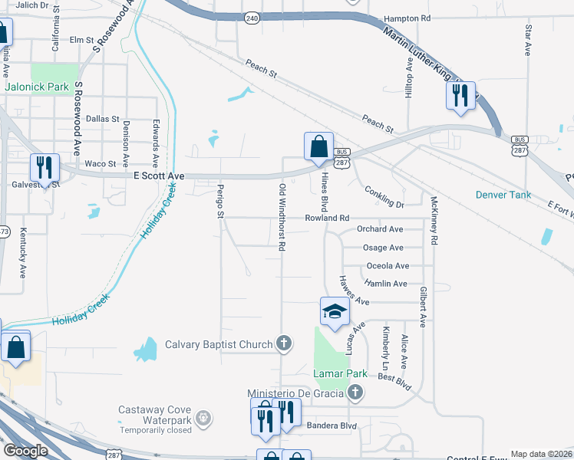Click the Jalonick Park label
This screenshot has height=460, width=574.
[x=37, y=87]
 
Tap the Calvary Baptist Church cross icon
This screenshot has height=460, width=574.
[x=284, y=343]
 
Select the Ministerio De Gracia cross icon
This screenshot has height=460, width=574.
[x=355, y=393]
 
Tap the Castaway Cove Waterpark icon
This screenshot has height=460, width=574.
[x=203, y=418]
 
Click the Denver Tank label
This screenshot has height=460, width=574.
[x=503, y=195]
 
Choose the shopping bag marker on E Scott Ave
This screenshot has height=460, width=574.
[x=318, y=146]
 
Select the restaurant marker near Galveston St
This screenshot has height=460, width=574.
[x=45, y=168]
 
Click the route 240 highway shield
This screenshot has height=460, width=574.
[x=252, y=17]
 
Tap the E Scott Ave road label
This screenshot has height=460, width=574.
[x=160, y=176]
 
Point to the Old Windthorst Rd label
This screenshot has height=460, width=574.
[x=282, y=218]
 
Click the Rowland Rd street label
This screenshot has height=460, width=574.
[x=327, y=218]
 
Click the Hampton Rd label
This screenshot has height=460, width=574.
[x=406, y=18]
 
